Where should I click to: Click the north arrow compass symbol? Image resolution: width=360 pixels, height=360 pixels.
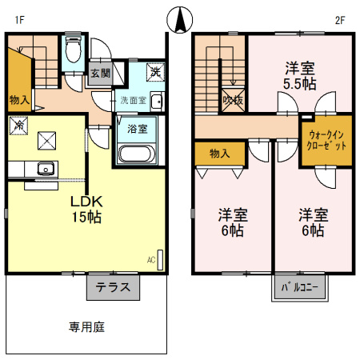pos(180,18)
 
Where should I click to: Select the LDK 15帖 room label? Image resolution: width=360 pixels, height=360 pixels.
pos(84,209)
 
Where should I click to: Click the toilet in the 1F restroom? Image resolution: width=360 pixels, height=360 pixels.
pos(73,50)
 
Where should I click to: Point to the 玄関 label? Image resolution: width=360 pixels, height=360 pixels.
pos(100,74)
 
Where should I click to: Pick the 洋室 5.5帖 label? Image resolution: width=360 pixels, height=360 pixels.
pos(301,74)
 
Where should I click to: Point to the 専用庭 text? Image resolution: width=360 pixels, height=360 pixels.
pos(87,327)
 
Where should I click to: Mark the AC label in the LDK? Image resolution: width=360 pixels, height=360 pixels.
pos(150,260)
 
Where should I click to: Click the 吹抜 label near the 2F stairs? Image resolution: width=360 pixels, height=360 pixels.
pos(233,100)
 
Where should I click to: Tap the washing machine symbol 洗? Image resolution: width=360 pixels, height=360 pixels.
pos(156,73)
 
